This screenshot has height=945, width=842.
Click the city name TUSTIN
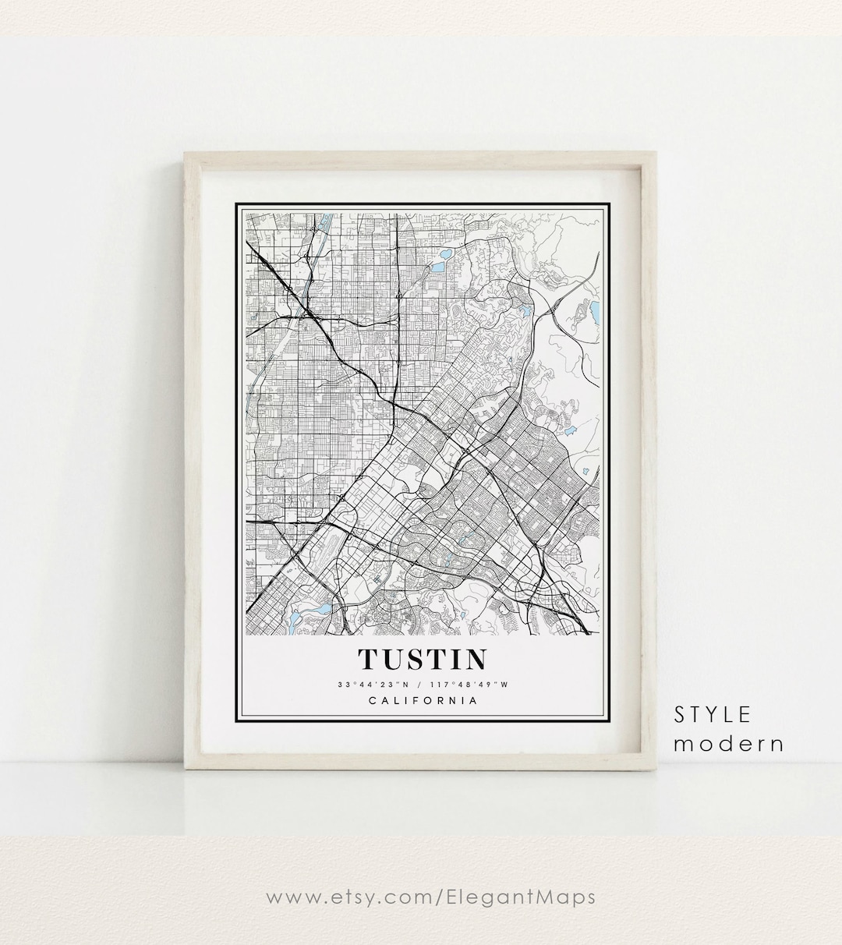coord(421,659)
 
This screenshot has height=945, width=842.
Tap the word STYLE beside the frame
coord(713,714)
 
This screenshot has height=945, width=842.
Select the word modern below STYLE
coord(728,743)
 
